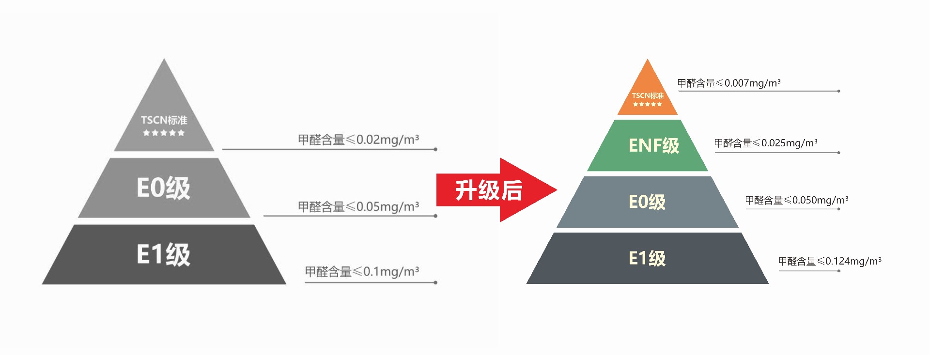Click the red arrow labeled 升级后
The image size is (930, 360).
point(489,190)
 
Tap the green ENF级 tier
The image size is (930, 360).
point(648,145)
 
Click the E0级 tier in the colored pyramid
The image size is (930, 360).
point(648,202)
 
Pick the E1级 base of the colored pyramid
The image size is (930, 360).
point(648,258)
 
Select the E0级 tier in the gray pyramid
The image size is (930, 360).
point(164,188)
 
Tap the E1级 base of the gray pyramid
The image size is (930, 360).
point(164,254)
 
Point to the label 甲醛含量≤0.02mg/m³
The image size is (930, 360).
point(358,140)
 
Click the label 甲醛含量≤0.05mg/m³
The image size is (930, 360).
point(358,207)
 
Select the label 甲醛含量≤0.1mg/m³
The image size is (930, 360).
point(361,272)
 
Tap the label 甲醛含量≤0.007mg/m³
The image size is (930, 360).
point(728,83)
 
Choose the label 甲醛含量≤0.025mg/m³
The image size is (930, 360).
point(765,143)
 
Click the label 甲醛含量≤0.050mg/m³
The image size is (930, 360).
point(796,201)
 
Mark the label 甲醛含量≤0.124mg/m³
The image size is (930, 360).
point(829,262)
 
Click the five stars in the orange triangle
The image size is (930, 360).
point(647,104)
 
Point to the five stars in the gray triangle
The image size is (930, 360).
point(164,133)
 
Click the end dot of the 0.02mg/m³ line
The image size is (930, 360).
point(435,149)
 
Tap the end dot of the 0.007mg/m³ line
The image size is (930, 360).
point(838,91)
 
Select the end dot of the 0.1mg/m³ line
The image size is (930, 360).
point(435,282)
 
